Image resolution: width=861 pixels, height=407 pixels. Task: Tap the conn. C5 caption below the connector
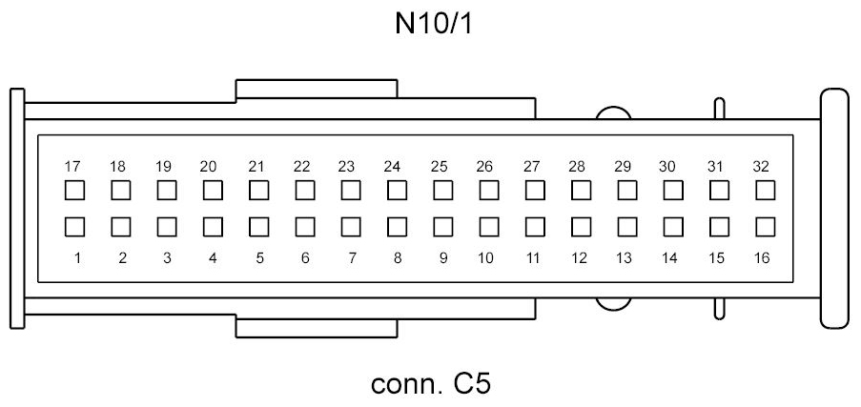(431, 386)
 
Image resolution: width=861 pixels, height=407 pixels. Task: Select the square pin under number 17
(72, 190)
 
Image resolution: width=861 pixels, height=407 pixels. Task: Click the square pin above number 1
(72, 227)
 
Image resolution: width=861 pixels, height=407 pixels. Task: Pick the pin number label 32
(762, 166)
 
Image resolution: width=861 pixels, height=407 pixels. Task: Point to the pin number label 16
(762, 257)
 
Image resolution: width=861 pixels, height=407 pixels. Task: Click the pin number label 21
(256, 166)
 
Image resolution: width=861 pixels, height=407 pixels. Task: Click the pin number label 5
(258, 257)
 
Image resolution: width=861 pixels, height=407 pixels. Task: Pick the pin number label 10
(485, 257)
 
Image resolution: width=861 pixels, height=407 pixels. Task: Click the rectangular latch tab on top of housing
(316, 89)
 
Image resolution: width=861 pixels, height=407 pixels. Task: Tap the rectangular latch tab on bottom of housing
(316, 328)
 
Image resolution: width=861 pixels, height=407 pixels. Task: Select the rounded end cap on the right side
(834, 209)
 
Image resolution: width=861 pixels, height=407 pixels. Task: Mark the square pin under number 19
(165, 190)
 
